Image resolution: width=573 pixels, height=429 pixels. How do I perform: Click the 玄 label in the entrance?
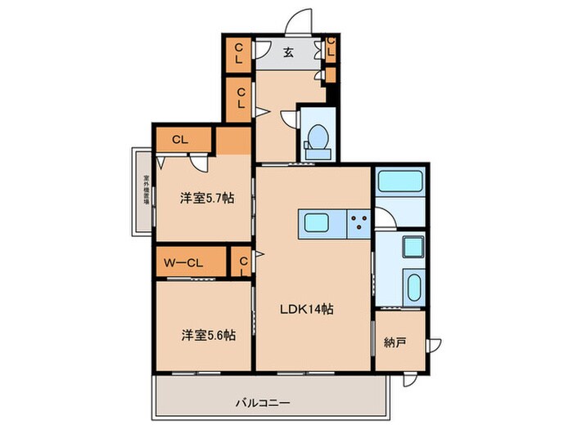point(289,54)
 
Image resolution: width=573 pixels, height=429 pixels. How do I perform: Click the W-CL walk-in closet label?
point(184,263)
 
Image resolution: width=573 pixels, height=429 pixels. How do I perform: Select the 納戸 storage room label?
point(395,342)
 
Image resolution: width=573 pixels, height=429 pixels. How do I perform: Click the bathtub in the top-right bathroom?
point(399,181)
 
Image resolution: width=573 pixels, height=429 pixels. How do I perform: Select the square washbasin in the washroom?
point(413,245)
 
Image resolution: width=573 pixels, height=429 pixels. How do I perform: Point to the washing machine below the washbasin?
point(413,288)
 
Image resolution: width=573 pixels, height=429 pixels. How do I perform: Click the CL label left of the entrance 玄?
point(238,55)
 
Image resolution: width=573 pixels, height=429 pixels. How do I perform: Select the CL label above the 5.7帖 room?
point(181,140)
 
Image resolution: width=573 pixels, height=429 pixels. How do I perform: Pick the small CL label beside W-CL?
point(243,263)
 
